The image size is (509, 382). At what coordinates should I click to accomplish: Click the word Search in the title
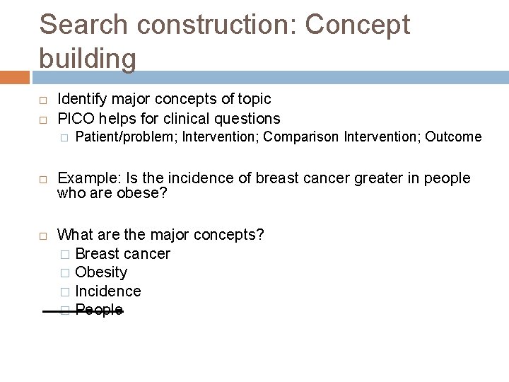83,25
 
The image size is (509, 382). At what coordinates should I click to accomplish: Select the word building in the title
88,58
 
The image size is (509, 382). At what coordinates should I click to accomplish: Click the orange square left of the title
14,77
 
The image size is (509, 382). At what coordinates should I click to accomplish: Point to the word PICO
77,118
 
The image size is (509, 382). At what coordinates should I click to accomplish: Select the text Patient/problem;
126,137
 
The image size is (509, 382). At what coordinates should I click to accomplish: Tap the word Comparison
301,137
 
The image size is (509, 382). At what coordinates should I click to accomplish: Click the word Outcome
453,137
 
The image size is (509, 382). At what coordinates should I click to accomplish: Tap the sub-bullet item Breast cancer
122,253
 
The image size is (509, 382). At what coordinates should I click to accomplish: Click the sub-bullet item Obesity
101,272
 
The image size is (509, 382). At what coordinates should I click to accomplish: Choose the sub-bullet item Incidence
107,291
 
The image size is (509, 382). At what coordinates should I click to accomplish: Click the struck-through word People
99,310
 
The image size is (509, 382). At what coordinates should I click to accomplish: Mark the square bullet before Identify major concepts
44,100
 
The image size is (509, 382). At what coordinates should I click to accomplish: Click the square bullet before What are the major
44,235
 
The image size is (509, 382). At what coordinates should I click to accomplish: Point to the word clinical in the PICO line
187,118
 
